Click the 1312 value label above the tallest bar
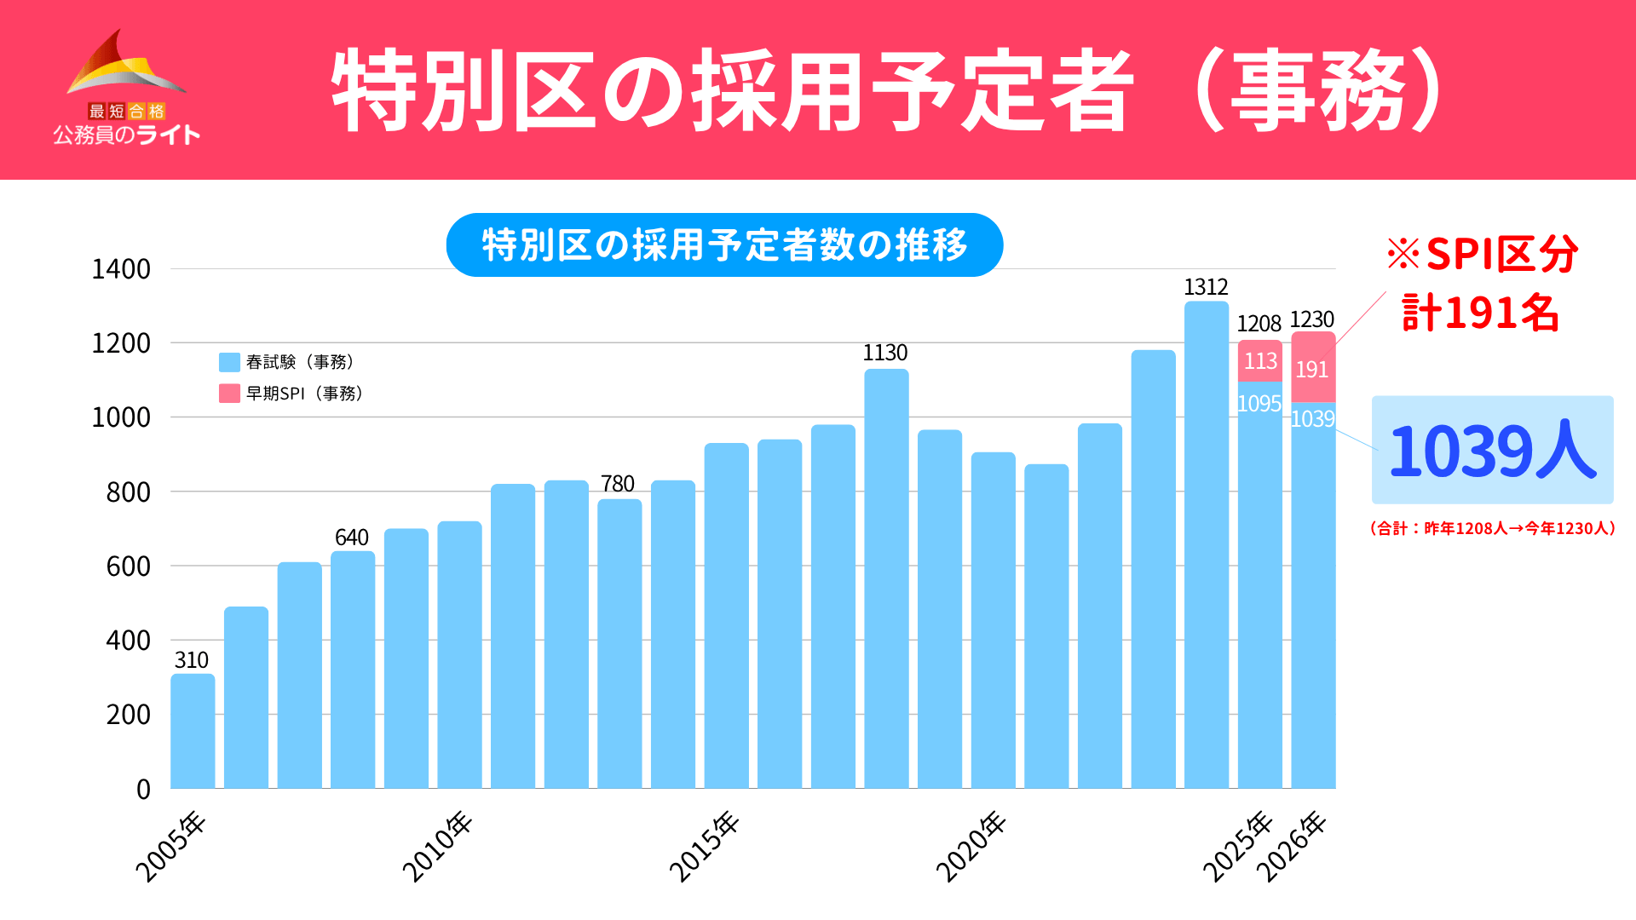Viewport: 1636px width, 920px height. point(1206,287)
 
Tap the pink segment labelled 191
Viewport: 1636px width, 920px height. point(1313,368)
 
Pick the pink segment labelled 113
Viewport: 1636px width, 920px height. point(1260,361)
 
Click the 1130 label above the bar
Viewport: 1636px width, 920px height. point(885,353)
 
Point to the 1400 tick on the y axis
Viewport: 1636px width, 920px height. point(121,269)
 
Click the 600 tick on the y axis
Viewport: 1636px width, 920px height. point(128,566)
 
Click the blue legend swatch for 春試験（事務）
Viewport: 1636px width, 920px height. point(229,362)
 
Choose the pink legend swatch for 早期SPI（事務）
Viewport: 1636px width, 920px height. point(229,394)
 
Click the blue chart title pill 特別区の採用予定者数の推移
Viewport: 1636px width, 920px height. point(724,245)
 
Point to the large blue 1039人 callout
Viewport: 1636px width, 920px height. point(1492,450)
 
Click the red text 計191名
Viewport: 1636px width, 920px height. point(1481,313)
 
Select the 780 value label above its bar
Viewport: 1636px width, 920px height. point(618,484)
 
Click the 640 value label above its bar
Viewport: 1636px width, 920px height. point(351,538)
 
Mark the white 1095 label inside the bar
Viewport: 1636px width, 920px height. point(1259,404)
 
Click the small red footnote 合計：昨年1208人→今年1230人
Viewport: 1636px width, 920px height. point(1492,528)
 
